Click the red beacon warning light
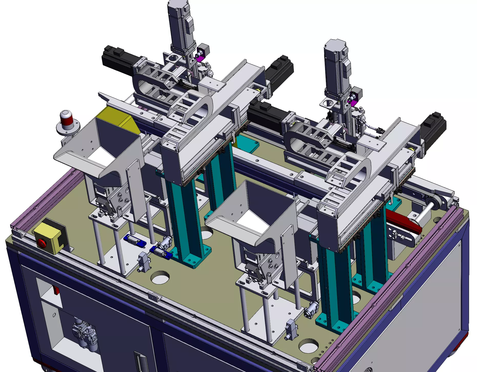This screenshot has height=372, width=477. (x=66, y=121)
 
